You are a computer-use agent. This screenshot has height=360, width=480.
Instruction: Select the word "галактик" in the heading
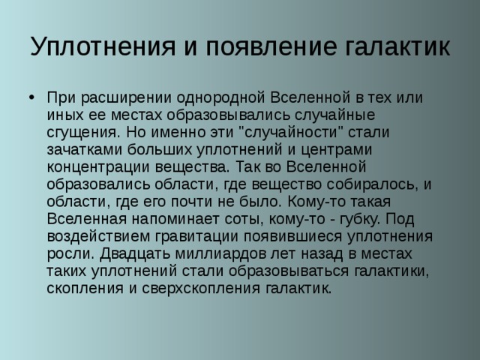coord(397,47)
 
